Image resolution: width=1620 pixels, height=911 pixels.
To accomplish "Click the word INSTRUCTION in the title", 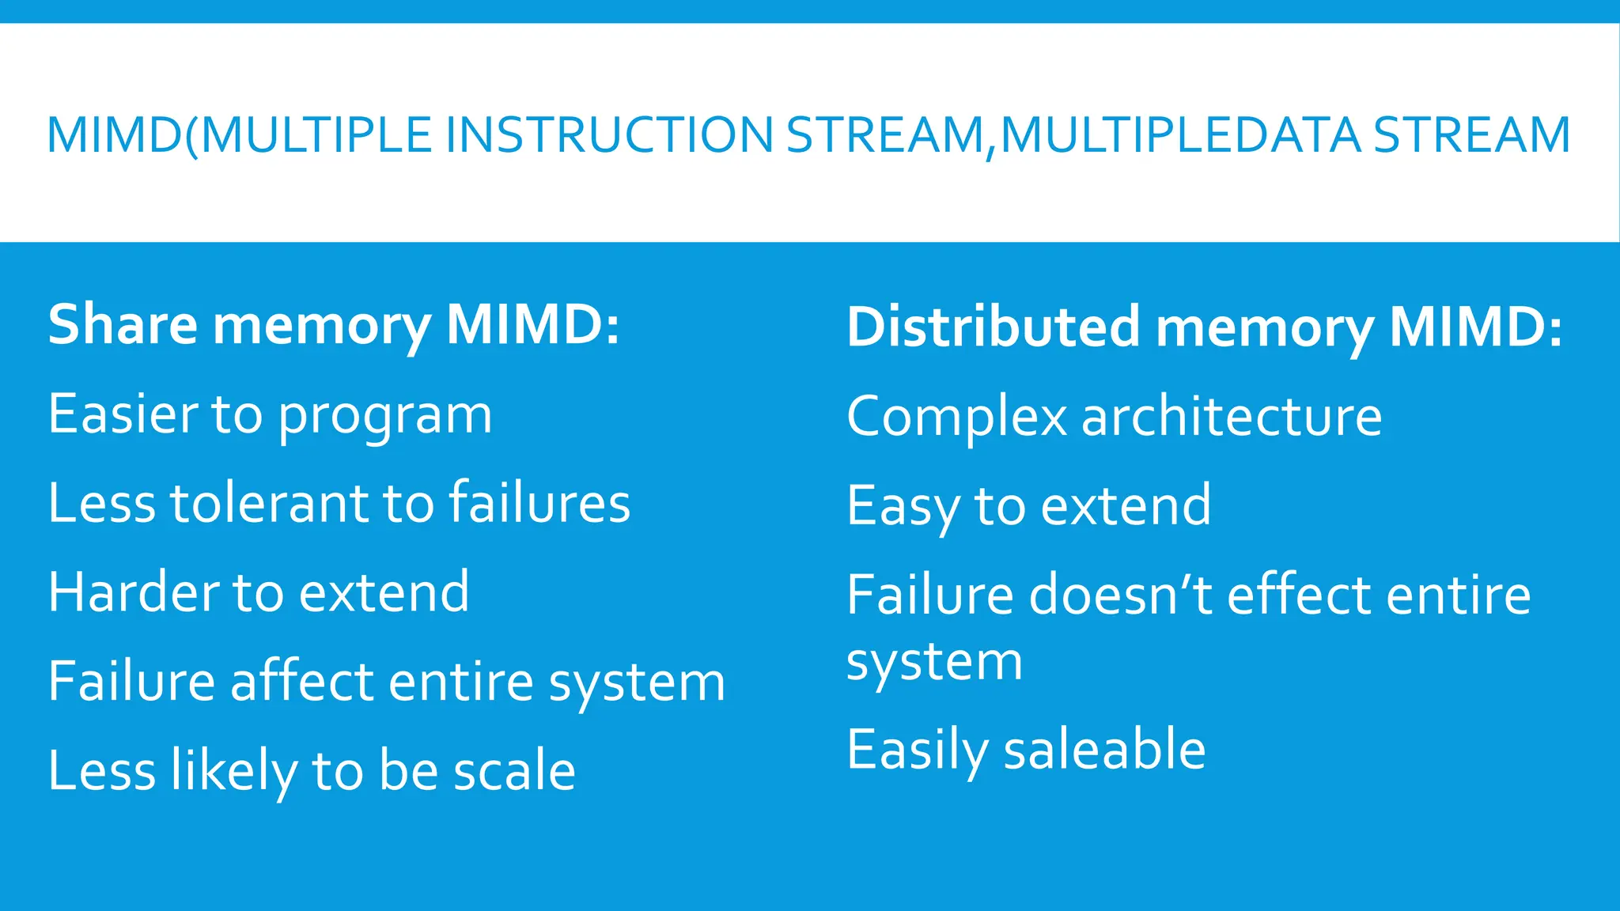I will pos(608,134).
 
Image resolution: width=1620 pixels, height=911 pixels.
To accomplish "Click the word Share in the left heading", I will pos(123,325).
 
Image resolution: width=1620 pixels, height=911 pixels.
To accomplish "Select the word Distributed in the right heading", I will pos(994,327).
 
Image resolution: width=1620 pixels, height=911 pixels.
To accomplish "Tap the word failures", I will pos(539,504).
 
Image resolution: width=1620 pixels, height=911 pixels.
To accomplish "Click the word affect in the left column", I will pos(301,682).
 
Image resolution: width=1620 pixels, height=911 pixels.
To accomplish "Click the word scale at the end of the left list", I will pos(514,771).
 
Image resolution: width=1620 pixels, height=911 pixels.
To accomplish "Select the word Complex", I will pos(956,418).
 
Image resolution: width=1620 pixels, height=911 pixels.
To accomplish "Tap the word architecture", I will pos(1232,417).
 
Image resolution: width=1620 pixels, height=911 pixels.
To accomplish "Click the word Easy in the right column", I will pos(903,507).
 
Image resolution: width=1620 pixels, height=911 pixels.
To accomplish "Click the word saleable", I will pos(1104,750).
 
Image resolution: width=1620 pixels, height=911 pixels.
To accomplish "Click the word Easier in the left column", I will pos(122,414).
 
